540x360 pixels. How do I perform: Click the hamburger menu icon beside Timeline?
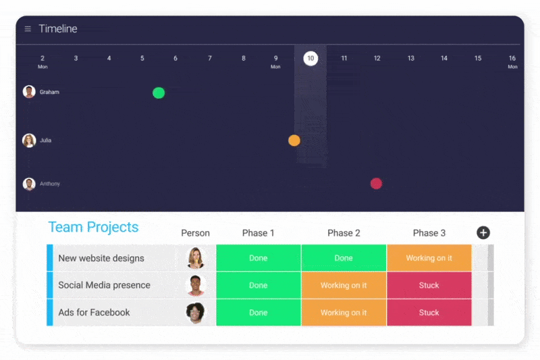[x=28, y=29]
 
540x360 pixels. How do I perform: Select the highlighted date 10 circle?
[x=310, y=58]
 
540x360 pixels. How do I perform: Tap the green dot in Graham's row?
[x=159, y=93]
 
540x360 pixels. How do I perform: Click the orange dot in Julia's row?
[x=294, y=140]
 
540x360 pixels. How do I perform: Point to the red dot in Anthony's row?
[x=376, y=183]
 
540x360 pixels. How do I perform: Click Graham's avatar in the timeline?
[x=29, y=92]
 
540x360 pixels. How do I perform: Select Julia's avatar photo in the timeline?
[x=29, y=140]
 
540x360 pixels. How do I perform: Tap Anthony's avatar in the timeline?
[x=29, y=184]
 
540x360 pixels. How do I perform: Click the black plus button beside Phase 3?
[x=483, y=233]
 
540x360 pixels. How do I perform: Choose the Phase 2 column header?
[x=344, y=233]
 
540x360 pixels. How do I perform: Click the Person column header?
[x=195, y=233]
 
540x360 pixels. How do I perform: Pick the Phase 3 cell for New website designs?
[x=429, y=258]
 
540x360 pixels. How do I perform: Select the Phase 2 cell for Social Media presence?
[x=344, y=285]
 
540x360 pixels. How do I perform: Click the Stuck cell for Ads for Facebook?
[x=429, y=313]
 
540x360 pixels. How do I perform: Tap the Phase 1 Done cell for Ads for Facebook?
[x=259, y=313]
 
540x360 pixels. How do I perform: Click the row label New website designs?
[x=101, y=259]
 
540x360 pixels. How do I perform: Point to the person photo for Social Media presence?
[x=196, y=285]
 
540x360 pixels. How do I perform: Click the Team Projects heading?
[x=93, y=227]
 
